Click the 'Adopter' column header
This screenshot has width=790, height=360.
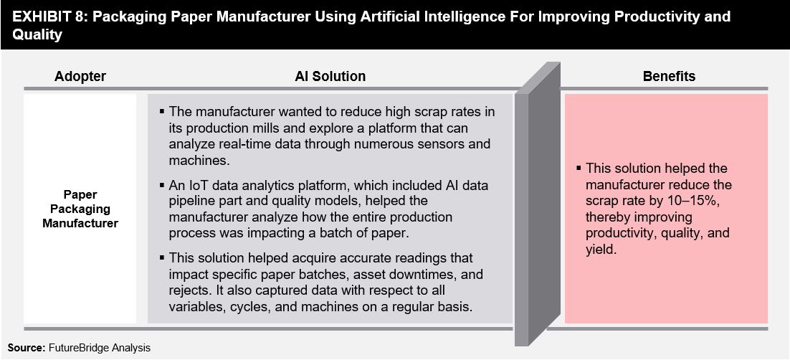(80, 76)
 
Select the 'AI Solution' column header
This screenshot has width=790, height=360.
(330, 76)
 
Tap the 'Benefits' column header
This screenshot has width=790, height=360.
(669, 76)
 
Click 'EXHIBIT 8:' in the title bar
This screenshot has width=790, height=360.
(49, 16)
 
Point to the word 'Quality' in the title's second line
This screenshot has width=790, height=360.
(37, 35)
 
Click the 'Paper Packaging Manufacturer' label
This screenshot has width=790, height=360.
(80, 209)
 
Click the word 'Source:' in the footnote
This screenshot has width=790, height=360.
(27, 347)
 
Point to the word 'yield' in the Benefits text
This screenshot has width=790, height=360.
(601, 249)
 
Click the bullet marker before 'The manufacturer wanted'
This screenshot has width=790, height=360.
(162, 110)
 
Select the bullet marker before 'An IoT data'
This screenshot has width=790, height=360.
(162, 185)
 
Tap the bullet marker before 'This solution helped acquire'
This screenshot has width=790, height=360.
(162, 257)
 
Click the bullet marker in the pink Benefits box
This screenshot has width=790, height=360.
(579, 168)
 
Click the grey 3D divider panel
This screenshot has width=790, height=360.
(537, 204)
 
